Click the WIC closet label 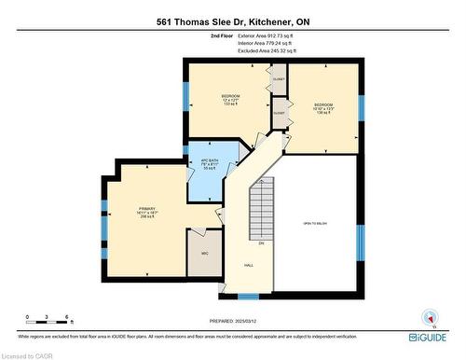[x=204, y=254]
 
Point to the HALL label [x=249, y=266]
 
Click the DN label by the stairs [x=262, y=243]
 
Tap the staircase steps [x=263, y=211]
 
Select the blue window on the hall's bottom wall [x=248, y=297]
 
